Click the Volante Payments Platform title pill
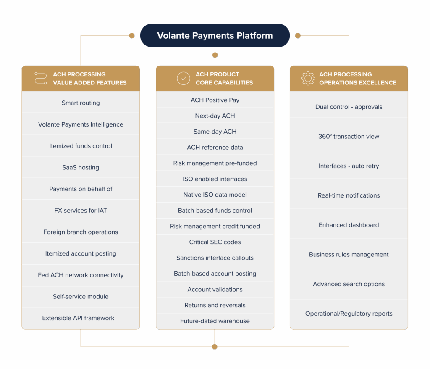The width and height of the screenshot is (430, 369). tap(215, 35)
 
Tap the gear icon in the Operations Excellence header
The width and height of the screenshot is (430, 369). tap(308, 78)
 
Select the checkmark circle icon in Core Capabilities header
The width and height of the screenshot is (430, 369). tap(184, 78)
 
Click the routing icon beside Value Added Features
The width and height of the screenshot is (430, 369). tap(41, 78)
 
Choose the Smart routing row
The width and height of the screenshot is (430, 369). tap(81, 103)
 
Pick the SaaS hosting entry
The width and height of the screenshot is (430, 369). tap(81, 167)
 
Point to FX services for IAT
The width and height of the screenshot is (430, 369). tap(81, 211)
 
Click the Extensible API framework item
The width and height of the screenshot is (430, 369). tap(78, 318)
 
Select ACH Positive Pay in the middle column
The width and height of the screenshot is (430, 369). tap(215, 100)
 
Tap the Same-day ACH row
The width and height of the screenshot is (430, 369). tap(215, 132)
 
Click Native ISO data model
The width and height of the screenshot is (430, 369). tap(215, 195)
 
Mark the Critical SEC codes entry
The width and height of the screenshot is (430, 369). tap(215, 242)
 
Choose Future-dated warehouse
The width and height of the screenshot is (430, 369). tap(215, 321)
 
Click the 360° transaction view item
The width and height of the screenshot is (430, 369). tap(349, 137)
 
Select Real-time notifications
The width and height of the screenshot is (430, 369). tap(349, 195)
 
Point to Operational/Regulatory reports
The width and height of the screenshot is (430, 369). tap(349, 314)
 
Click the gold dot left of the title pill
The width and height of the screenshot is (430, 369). tap(132, 36)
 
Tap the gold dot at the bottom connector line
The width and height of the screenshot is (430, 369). tap(215, 347)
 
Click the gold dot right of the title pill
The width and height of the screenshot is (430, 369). tap(298, 36)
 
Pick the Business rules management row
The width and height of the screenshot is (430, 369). tap(349, 255)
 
